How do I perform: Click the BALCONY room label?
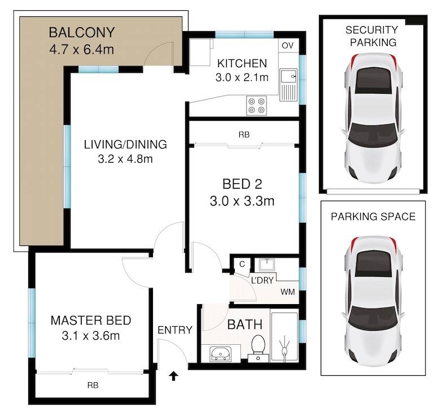pos(82,32)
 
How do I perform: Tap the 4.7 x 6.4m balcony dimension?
pos(82,50)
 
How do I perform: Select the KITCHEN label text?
pos(242,63)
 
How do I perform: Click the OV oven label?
pos(288,45)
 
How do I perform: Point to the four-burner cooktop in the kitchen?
pos(256,106)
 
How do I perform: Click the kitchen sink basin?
pos(288,76)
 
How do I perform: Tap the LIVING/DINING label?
pos(125,144)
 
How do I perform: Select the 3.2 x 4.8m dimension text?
pos(125,159)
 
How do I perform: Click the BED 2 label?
pos(242,184)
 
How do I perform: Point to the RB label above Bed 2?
pos(244,135)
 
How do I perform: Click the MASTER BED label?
pos(91,321)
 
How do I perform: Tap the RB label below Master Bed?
pos(93,386)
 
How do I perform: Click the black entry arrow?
pos(174,376)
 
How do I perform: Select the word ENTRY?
pos(175,330)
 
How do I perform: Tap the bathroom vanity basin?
pos(221,354)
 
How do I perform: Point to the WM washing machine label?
pos(288,292)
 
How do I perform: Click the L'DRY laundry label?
pos(262,280)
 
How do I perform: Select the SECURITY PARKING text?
pos(372,36)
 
